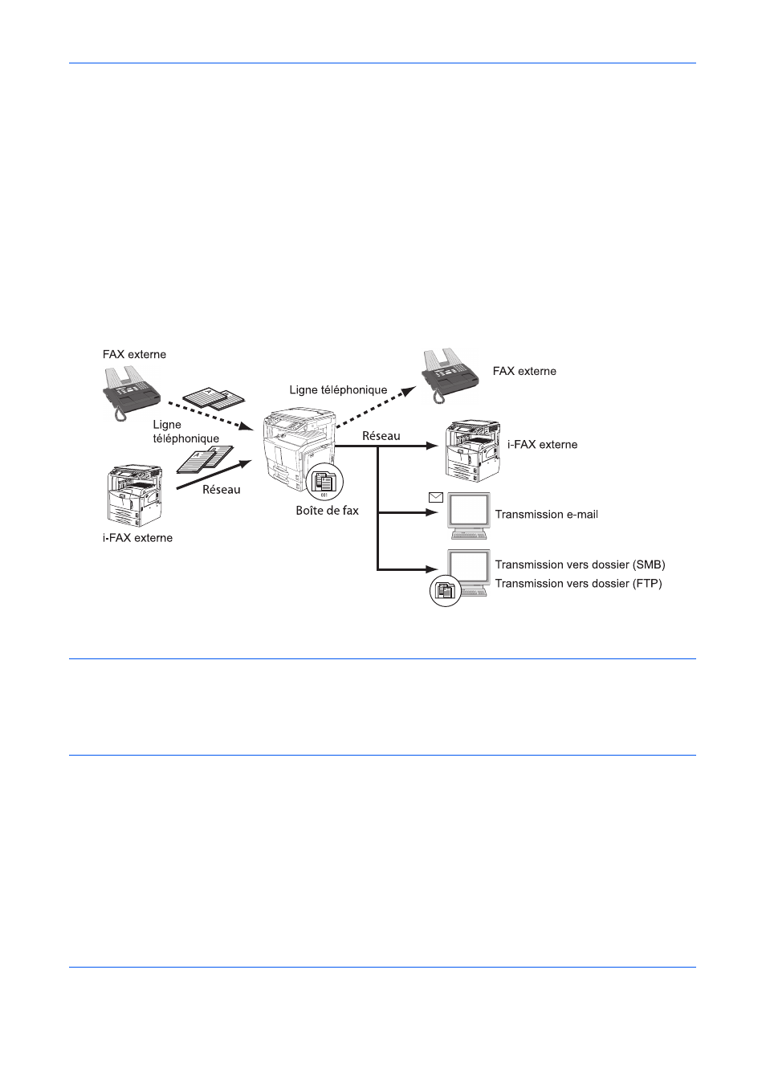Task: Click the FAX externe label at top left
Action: (x=134, y=354)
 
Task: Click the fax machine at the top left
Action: (x=130, y=392)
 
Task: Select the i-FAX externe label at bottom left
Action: (x=137, y=538)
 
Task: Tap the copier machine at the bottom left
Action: (x=134, y=495)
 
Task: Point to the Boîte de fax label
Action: (x=327, y=511)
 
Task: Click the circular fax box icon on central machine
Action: (x=324, y=482)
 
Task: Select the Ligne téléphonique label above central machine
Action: (x=338, y=389)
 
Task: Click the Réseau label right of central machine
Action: (x=381, y=436)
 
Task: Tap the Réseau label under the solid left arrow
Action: (x=221, y=490)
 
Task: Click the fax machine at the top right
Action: (x=450, y=374)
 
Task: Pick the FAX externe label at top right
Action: (x=524, y=371)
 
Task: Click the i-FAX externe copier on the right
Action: (x=473, y=450)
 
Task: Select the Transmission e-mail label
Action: (x=546, y=515)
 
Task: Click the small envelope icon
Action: (x=436, y=498)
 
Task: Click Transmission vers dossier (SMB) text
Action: (x=580, y=564)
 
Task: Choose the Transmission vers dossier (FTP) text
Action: (x=578, y=584)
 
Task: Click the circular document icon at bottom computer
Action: (x=445, y=591)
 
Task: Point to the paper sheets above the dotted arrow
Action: (x=214, y=398)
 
